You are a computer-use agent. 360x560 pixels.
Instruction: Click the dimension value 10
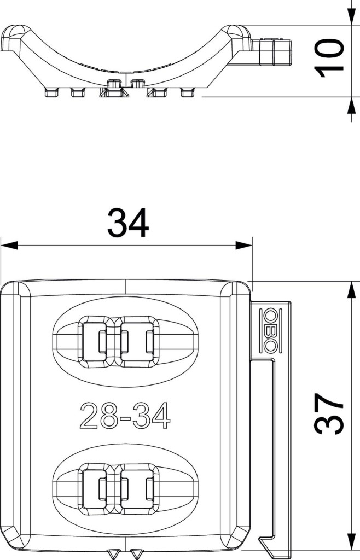(329, 58)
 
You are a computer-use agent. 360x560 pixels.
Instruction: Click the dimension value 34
(128, 223)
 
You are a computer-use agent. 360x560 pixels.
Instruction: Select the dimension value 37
(329, 414)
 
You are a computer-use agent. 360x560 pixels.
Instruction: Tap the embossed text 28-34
(125, 416)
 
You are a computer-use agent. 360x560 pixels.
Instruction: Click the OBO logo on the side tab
(270, 330)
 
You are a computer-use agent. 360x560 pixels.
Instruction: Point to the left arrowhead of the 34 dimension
(9, 246)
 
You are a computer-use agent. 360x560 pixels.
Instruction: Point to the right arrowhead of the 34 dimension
(243, 246)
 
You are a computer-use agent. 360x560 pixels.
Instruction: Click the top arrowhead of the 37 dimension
(351, 290)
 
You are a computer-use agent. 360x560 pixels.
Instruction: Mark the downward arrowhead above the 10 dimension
(351, 16)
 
